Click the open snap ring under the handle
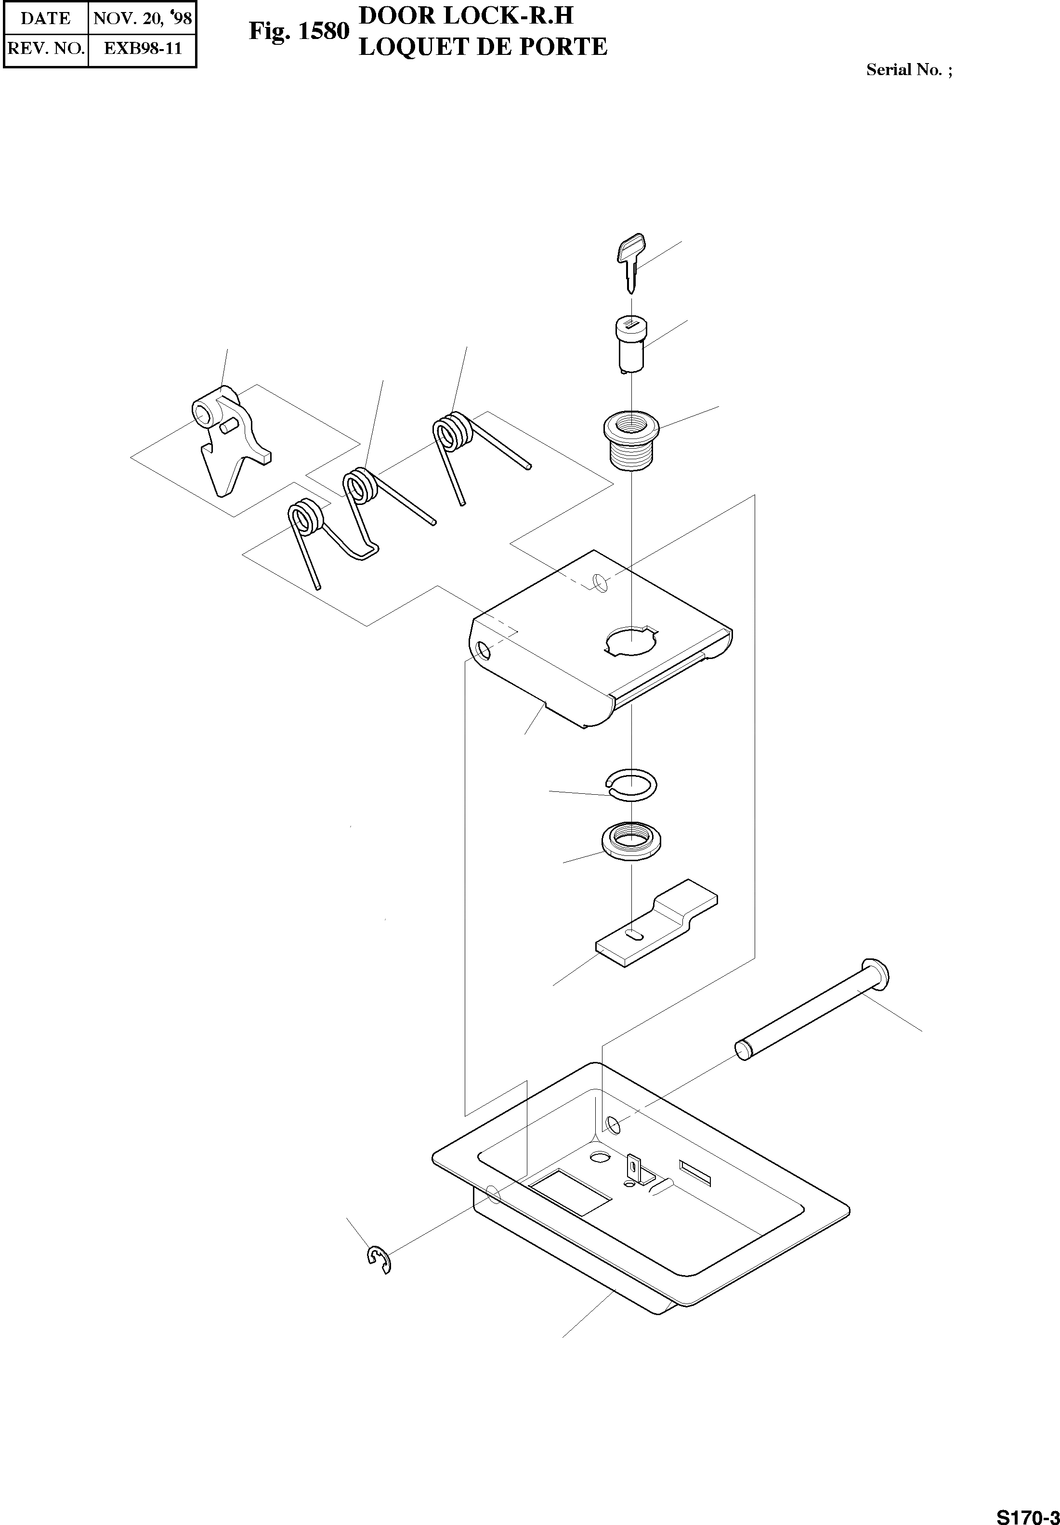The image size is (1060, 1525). coord(631,784)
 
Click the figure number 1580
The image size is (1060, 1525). coord(324,31)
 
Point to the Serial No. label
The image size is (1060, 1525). coord(908,70)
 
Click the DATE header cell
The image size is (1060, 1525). coord(45,18)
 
